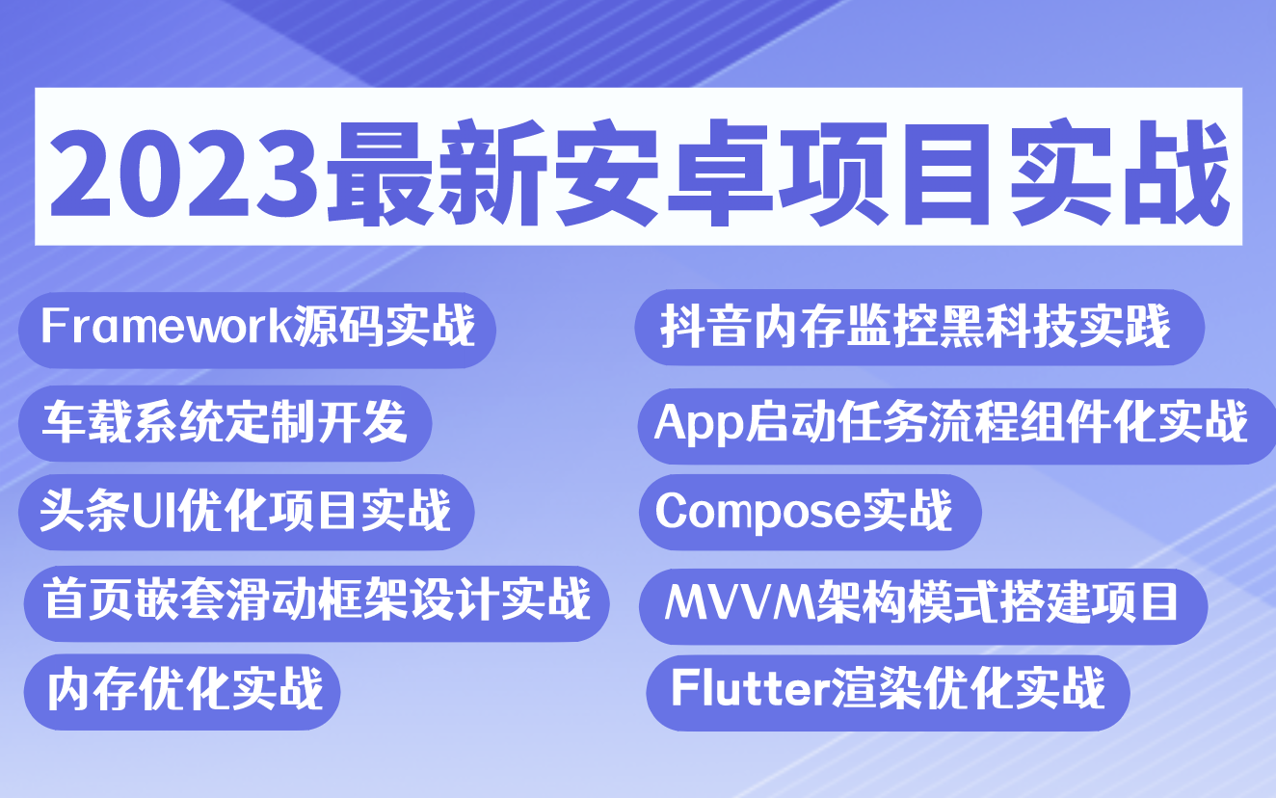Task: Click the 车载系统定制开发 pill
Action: pyautogui.click(x=225, y=423)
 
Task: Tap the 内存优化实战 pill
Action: pyautogui.click(x=183, y=690)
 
